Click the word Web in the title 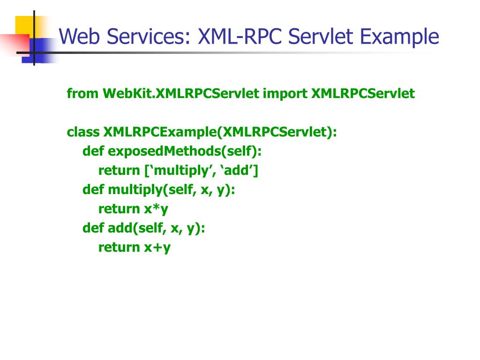[77, 37]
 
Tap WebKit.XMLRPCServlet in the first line [181, 94]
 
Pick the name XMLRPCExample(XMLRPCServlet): [220, 132]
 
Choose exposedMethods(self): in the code [185, 151]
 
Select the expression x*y [156, 209]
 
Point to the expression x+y [157, 247]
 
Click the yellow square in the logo [26, 26]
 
